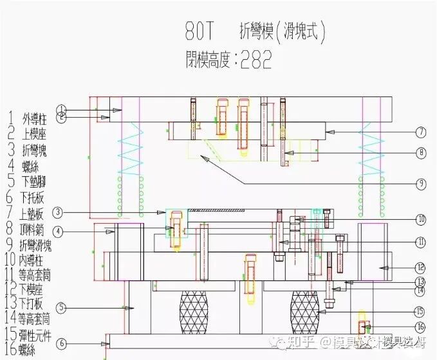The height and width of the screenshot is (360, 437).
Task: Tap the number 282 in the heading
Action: [x=256, y=60]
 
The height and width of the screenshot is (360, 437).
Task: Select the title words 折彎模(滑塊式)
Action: [x=277, y=31]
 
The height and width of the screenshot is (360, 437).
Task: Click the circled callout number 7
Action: [x=420, y=132]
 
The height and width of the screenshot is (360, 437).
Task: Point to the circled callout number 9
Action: [x=420, y=184]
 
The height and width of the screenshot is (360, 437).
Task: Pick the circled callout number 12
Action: [x=420, y=267]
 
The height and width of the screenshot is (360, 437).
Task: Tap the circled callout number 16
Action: [x=420, y=327]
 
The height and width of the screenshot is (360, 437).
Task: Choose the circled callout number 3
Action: [x=58, y=212]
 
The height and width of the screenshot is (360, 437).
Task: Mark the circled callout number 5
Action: [x=62, y=308]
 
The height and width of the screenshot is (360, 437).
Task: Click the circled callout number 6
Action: [x=62, y=344]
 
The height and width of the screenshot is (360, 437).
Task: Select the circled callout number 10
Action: [x=420, y=219]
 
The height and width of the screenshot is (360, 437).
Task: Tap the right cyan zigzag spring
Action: [x=372, y=148]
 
